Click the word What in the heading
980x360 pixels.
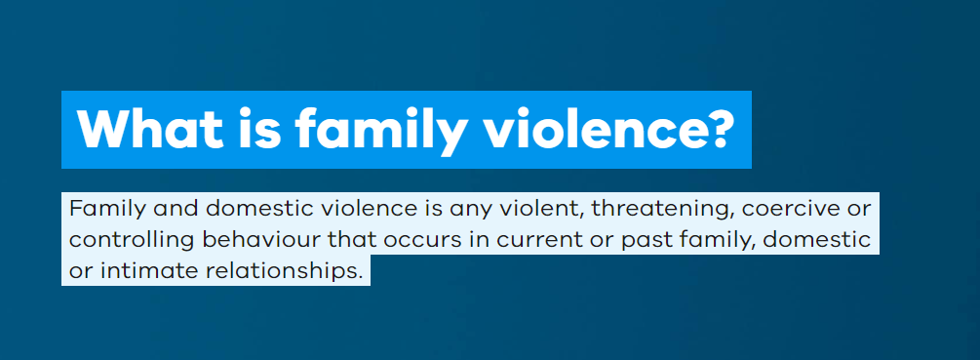coord(150,129)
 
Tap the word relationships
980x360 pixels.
coord(280,271)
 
